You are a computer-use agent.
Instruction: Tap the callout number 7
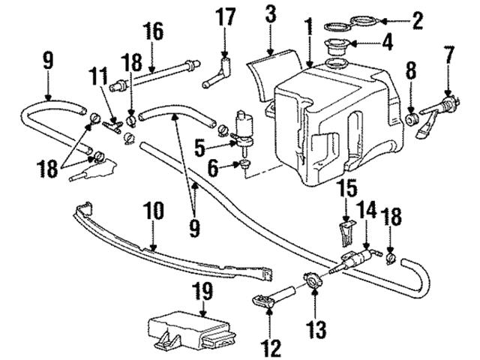(448, 54)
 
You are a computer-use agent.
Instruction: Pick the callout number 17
(227, 13)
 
